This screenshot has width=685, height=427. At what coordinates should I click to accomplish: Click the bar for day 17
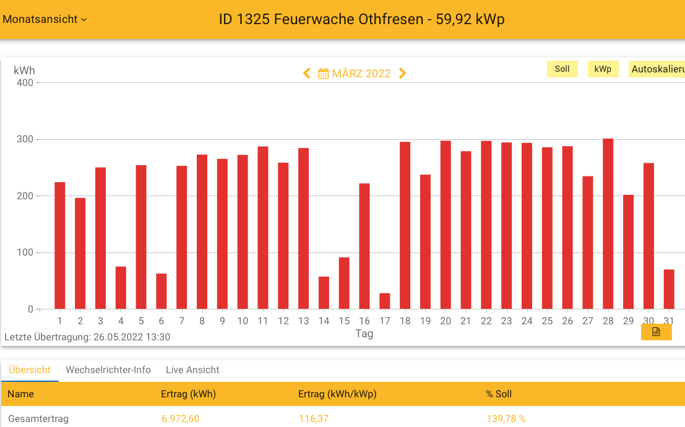385,301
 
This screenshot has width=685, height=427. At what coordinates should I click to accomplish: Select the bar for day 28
608,224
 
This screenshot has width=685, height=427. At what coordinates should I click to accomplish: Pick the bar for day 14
324,293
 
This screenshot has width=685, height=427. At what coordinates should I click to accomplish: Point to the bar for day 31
669,289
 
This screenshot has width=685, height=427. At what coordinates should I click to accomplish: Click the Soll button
562,69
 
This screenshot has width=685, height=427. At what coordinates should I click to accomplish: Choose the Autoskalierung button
657,69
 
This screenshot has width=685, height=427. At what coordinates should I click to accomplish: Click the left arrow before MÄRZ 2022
306,74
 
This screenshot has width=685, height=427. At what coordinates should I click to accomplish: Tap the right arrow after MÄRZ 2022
403,74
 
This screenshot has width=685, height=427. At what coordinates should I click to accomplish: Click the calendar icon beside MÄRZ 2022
323,74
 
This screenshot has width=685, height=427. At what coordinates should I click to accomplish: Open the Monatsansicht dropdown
45,19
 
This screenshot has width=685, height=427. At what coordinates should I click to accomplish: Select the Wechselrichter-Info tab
108,370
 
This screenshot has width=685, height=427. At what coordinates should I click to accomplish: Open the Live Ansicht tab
192,370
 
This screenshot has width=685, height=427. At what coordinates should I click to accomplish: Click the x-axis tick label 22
486,321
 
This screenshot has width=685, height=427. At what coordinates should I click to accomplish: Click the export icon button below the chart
656,332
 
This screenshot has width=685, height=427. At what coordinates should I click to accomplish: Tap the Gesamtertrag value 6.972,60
180,419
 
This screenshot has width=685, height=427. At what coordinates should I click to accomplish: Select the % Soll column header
499,394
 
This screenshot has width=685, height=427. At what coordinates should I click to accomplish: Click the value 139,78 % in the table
506,419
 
